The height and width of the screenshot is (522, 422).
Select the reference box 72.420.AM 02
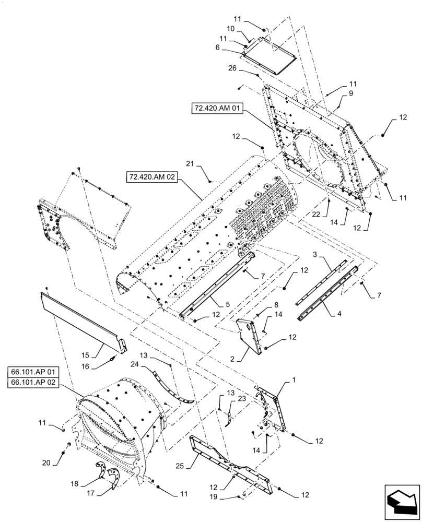(x=153, y=177)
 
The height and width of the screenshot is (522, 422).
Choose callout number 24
(x=135, y=364)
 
